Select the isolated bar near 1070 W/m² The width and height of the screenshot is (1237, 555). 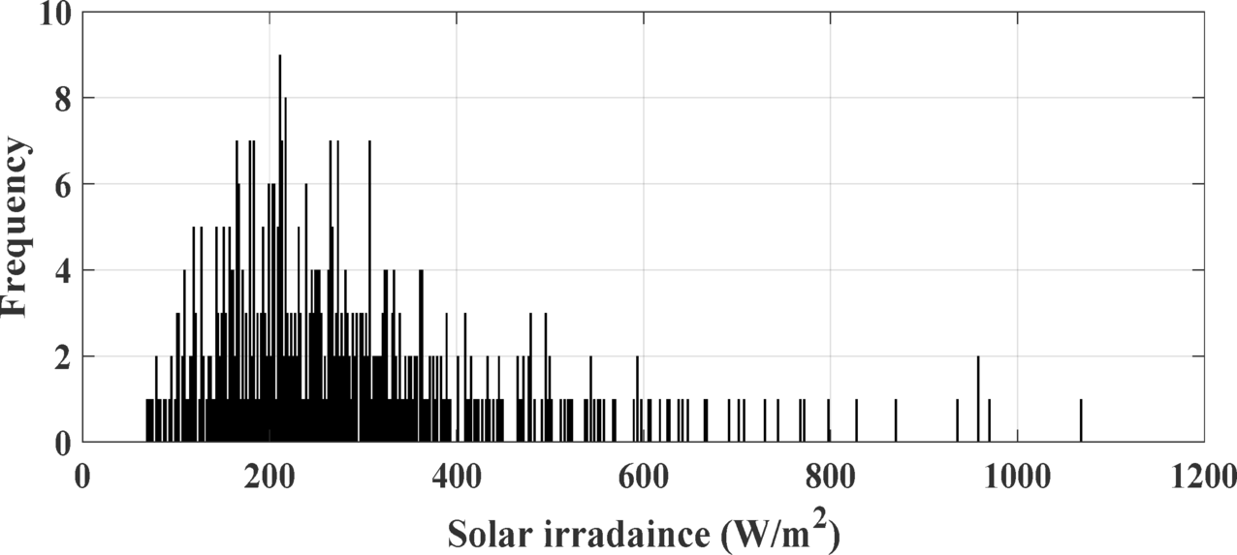1081,421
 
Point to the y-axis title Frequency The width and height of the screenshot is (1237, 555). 16,227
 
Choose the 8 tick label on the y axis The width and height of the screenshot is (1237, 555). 64,99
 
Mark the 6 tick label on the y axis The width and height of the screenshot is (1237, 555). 64,185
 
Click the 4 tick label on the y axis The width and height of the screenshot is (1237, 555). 64,271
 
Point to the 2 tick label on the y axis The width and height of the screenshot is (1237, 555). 64,357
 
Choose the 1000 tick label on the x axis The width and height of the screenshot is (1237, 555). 1017,477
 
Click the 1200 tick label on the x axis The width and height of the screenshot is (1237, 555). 1203,477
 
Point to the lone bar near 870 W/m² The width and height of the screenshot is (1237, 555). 896,421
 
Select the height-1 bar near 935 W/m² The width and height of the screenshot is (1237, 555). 958,421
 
